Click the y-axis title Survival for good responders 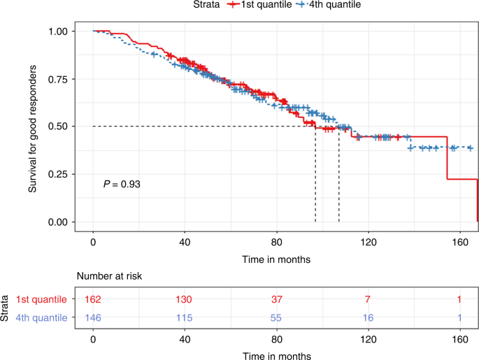tap(32, 127)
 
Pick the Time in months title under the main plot tap(278, 258)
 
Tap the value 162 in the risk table tap(93, 299)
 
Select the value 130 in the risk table tap(185, 299)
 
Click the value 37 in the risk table tap(277, 299)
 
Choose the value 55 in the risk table tap(277, 317)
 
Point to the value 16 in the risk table tap(369, 317)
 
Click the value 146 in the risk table tap(93, 317)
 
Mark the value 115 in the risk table tap(185, 317)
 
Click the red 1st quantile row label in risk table tap(45, 299)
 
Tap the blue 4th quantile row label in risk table tap(45, 317)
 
